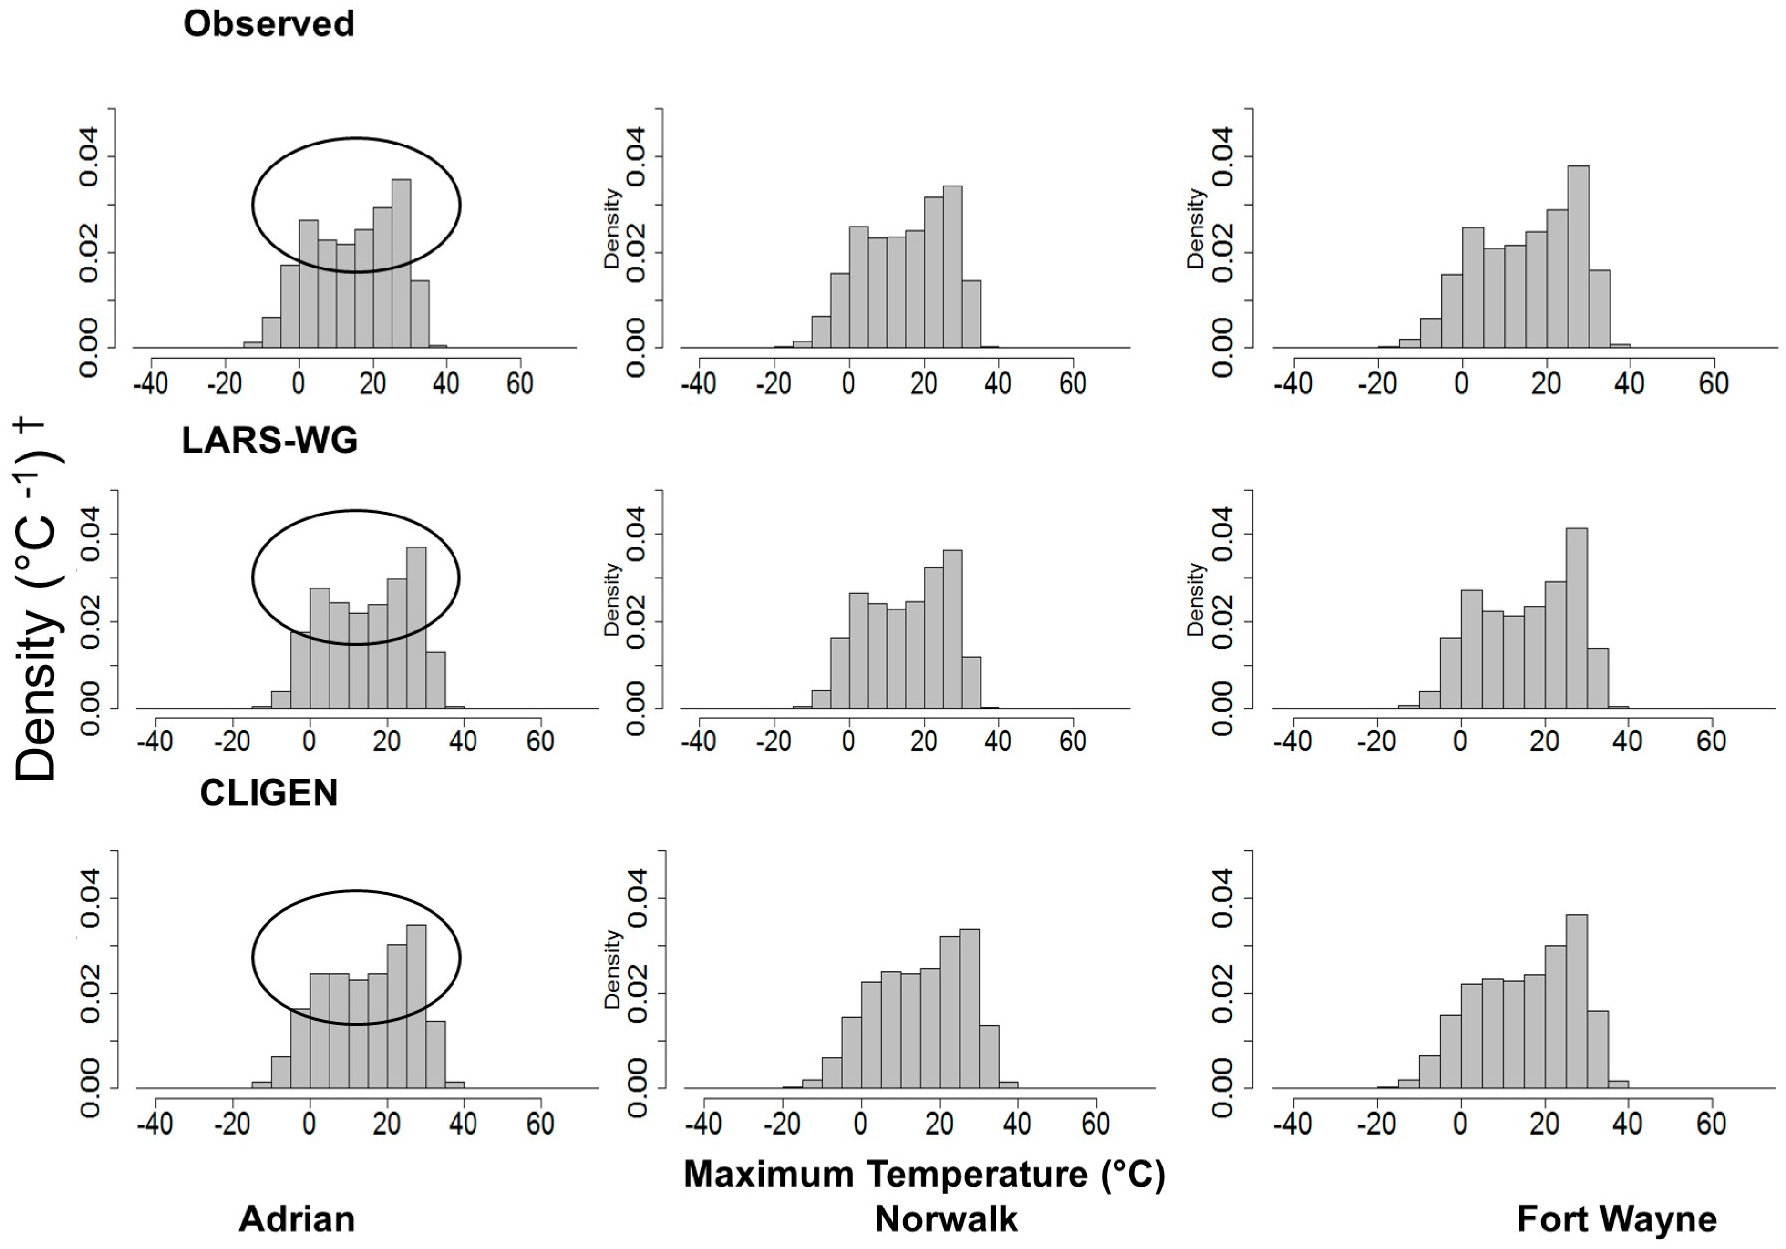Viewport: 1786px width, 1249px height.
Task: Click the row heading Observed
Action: click(x=268, y=24)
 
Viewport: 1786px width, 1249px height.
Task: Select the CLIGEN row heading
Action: click(x=268, y=793)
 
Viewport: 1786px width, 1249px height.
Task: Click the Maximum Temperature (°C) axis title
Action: click(x=924, y=1174)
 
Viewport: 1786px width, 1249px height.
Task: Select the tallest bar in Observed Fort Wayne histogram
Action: click(x=1578, y=257)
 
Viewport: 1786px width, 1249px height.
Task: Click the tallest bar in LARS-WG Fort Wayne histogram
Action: click(x=1576, y=618)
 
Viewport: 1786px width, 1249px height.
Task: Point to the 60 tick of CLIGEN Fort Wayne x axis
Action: click(x=1711, y=1123)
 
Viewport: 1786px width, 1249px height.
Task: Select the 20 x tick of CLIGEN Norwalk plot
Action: click(x=939, y=1123)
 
